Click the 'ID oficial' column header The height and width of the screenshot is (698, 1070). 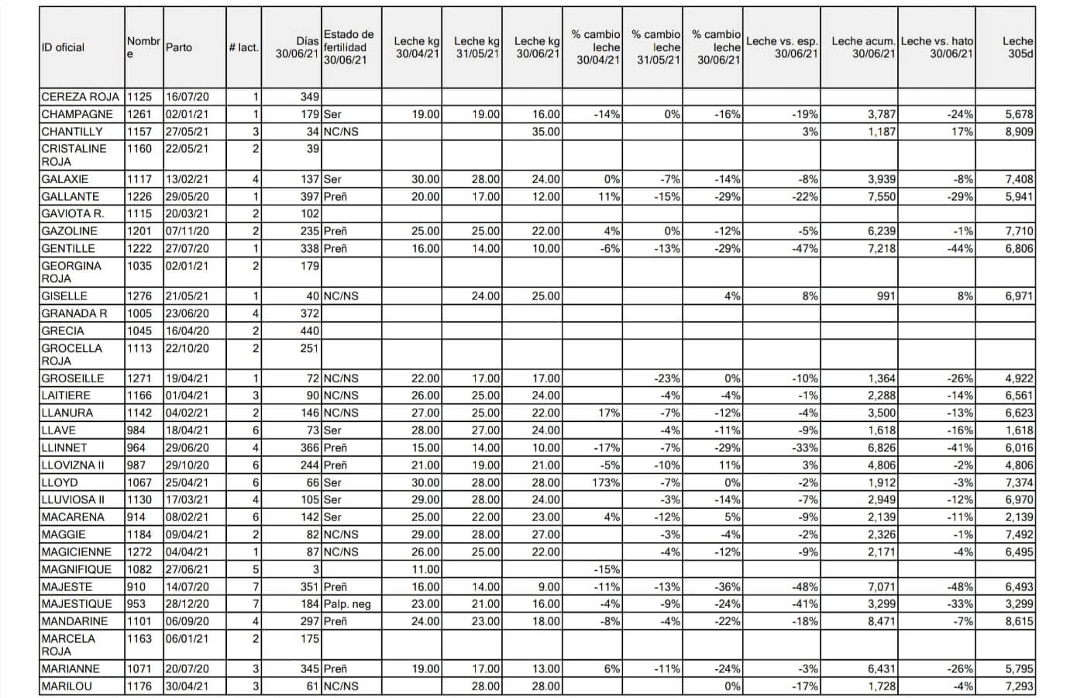63,47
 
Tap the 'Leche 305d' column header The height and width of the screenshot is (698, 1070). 1017,47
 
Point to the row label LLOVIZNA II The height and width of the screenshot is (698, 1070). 73,465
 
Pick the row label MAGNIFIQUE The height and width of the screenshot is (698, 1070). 76,569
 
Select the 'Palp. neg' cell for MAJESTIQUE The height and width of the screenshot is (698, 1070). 348,604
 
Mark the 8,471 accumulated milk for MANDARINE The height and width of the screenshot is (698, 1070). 881,621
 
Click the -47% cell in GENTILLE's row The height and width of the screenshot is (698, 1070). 805,248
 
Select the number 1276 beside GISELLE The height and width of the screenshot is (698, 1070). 139,296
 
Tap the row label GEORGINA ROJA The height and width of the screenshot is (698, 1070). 71,271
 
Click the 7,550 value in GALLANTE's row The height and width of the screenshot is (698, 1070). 881,196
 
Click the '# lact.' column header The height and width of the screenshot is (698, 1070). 243,47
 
